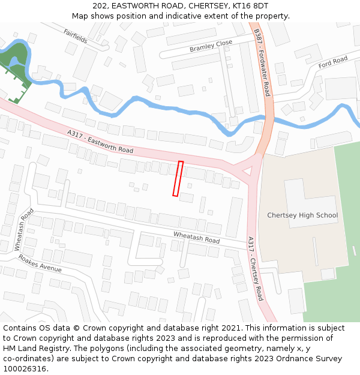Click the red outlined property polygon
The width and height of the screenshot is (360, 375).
[x=178, y=178]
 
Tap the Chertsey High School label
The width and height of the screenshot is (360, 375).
[x=302, y=215]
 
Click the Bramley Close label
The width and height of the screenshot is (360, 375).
[x=211, y=46]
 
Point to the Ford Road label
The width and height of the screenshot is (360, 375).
[x=333, y=62]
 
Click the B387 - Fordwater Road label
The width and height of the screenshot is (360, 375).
[x=262, y=62]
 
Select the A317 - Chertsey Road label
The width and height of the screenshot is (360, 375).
[x=256, y=268]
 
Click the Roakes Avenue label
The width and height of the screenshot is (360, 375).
[x=40, y=263]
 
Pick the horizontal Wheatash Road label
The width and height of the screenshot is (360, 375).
[x=196, y=237]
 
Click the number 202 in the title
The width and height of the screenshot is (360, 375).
[x=100, y=5]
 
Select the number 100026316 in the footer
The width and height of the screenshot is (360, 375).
[x=25, y=369]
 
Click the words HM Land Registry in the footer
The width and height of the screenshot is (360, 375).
[x=34, y=349]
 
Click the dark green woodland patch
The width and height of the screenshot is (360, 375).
[x=15, y=61]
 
